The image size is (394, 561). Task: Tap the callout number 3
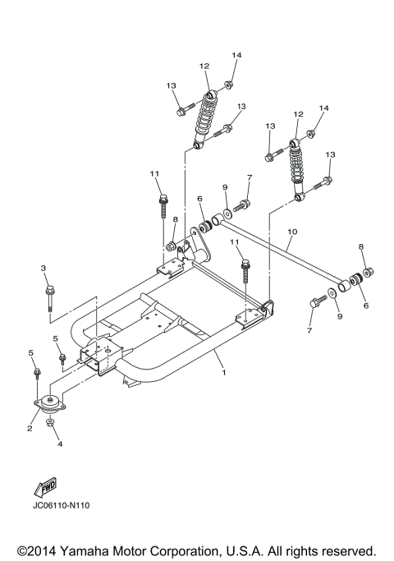pos(45,269)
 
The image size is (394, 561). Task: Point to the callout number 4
pos(58,444)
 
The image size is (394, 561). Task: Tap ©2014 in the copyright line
pos(32,550)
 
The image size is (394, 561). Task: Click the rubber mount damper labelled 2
pos(51,408)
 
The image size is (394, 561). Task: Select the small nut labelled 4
pos(51,424)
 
